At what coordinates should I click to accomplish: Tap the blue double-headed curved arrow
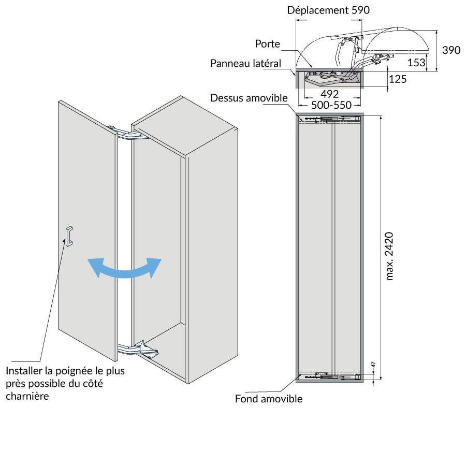pos(124,268)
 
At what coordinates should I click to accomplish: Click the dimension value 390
pos(451,50)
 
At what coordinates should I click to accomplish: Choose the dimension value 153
pos(416,62)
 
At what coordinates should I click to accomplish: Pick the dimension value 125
pos(397,79)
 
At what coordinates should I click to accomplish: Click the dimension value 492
pos(329,94)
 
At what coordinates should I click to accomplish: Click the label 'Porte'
pos(267,45)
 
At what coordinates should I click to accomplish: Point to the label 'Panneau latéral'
pos(245,63)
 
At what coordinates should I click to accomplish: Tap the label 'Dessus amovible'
pos(249,98)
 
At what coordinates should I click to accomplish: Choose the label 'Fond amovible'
pos(269,399)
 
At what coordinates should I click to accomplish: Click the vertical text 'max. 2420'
pos(391,256)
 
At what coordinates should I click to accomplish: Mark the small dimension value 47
pos(373,364)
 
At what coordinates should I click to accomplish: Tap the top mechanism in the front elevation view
pos(329,120)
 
